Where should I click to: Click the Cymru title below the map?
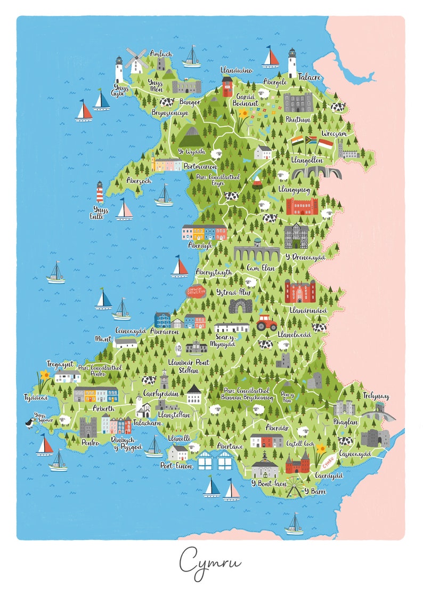(x=210, y=561)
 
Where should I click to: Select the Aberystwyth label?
(x=214, y=272)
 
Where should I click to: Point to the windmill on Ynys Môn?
(x=136, y=60)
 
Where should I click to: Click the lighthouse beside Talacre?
(x=292, y=63)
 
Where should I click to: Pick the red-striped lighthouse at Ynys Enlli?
(x=99, y=192)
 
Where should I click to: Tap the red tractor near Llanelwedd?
(x=266, y=322)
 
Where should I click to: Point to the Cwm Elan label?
(x=261, y=269)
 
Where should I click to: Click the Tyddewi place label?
(x=36, y=397)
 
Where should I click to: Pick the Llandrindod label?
(x=308, y=310)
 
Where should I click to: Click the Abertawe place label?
(x=231, y=446)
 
